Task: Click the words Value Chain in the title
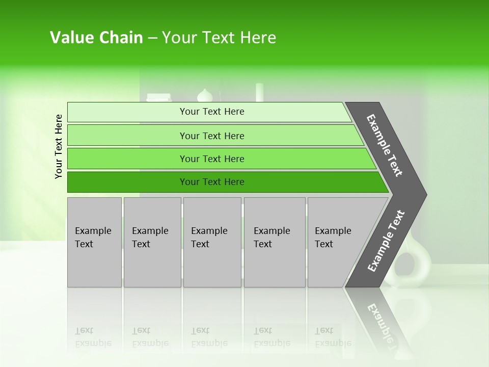click(96, 38)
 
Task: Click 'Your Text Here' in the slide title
click(219, 38)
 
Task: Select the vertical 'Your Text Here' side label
click(59, 146)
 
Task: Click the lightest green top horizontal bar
click(211, 112)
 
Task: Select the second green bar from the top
click(211, 136)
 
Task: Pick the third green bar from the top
click(211, 159)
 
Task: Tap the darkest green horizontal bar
click(211, 182)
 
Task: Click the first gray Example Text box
click(94, 242)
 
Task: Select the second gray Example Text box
click(152, 242)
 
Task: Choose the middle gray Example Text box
click(212, 242)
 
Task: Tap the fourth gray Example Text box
click(274, 242)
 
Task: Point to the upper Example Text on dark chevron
click(385, 145)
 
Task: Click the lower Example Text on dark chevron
click(386, 241)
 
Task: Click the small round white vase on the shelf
click(204, 95)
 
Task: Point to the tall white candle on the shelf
click(259, 92)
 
